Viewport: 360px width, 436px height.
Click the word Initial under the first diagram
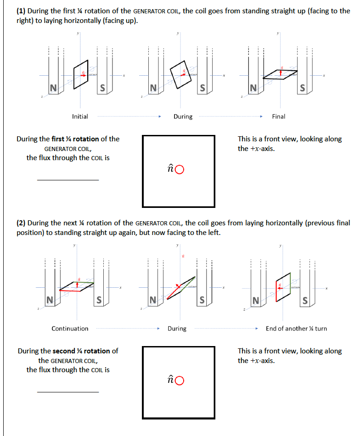pos(80,117)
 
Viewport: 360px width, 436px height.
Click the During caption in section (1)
pos(183,117)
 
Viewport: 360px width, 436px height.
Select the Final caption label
pos(278,117)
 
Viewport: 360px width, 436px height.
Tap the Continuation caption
pos(70,329)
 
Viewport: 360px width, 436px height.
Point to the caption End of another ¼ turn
pos(296,329)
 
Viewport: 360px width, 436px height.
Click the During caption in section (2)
pos(177,329)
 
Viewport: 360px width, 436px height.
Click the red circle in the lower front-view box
pos(180,380)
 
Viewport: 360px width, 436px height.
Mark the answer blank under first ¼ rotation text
pos(67,179)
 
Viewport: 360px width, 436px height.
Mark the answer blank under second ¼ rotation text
pos(67,391)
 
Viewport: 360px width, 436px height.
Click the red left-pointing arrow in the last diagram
pos(279,285)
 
